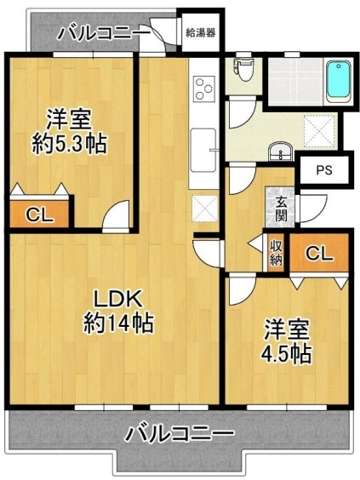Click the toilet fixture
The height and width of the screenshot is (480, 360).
coord(243,68)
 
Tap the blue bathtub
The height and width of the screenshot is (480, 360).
coord(338,82)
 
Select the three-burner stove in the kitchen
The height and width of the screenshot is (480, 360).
coord(203,89)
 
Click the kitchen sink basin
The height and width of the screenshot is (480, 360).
coord(203,150)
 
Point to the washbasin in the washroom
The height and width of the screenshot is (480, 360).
coord(280,151)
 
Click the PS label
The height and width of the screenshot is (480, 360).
coord(324,170)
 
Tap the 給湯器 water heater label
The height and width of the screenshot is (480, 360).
coord(201,32)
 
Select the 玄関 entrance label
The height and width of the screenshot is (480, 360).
coord(280,209)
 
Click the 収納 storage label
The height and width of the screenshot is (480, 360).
coord(276,253)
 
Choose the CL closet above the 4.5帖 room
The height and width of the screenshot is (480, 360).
coord(319,253)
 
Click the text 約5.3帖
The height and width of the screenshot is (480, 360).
coord(70,144)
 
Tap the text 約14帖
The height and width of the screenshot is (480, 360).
coord(118,323)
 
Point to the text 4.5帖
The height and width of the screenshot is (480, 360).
coord(286,354)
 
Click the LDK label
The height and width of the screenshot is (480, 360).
coord(117,299)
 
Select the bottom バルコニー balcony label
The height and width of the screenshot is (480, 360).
coord(180,433)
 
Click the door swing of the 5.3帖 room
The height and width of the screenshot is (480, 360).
coord(117,214)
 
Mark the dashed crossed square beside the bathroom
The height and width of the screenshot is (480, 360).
coord(320,131)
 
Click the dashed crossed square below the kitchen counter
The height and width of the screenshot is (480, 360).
coord(204,209)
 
